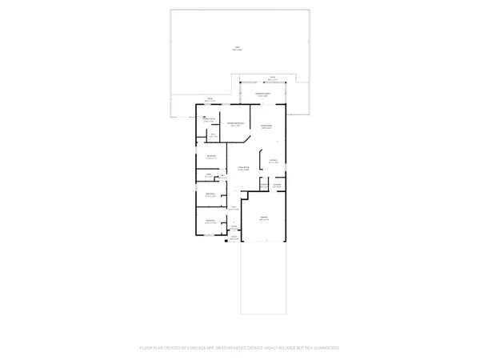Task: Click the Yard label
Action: coord(237,49)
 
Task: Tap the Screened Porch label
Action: coord(263,94)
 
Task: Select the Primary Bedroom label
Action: coord(236,125)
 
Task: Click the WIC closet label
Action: coord(214,134)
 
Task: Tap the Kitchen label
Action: coord(273,162)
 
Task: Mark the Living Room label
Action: coord(243,169)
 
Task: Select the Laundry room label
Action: coord(278,186)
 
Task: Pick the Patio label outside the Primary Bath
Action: coord(210,100)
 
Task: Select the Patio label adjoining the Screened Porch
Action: coord(273,79)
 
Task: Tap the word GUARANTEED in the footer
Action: coord(324,348)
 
